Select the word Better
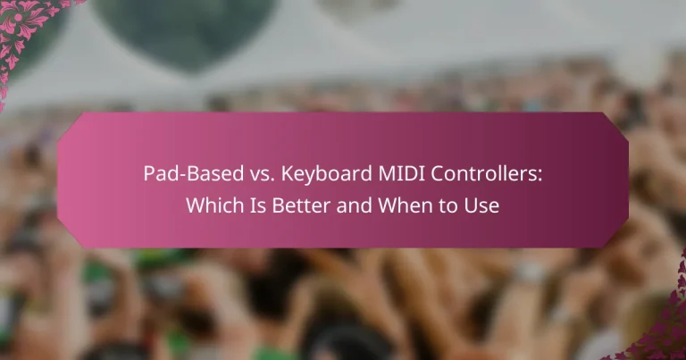pos(295,205)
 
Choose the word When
pos(398,205)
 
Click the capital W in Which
pos(195,205)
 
